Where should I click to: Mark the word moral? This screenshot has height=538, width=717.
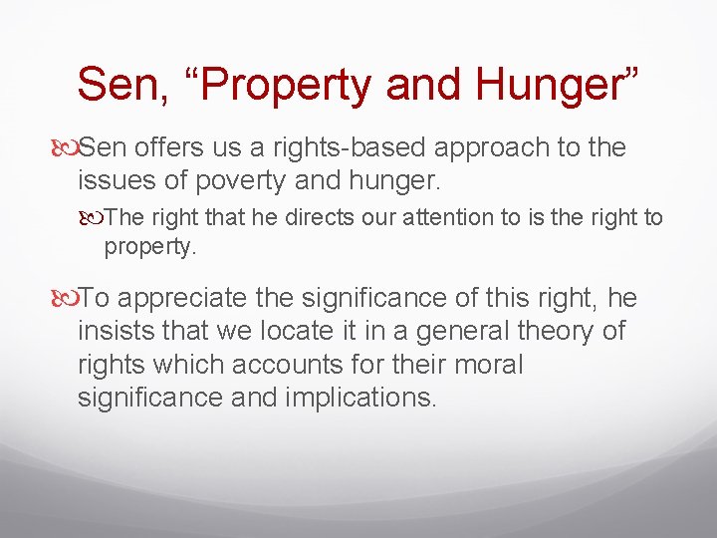(x=487, y=363)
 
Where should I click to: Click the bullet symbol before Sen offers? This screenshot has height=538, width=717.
(x=68, y=148)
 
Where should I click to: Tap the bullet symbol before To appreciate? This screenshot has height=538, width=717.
(x=68, y=298)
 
